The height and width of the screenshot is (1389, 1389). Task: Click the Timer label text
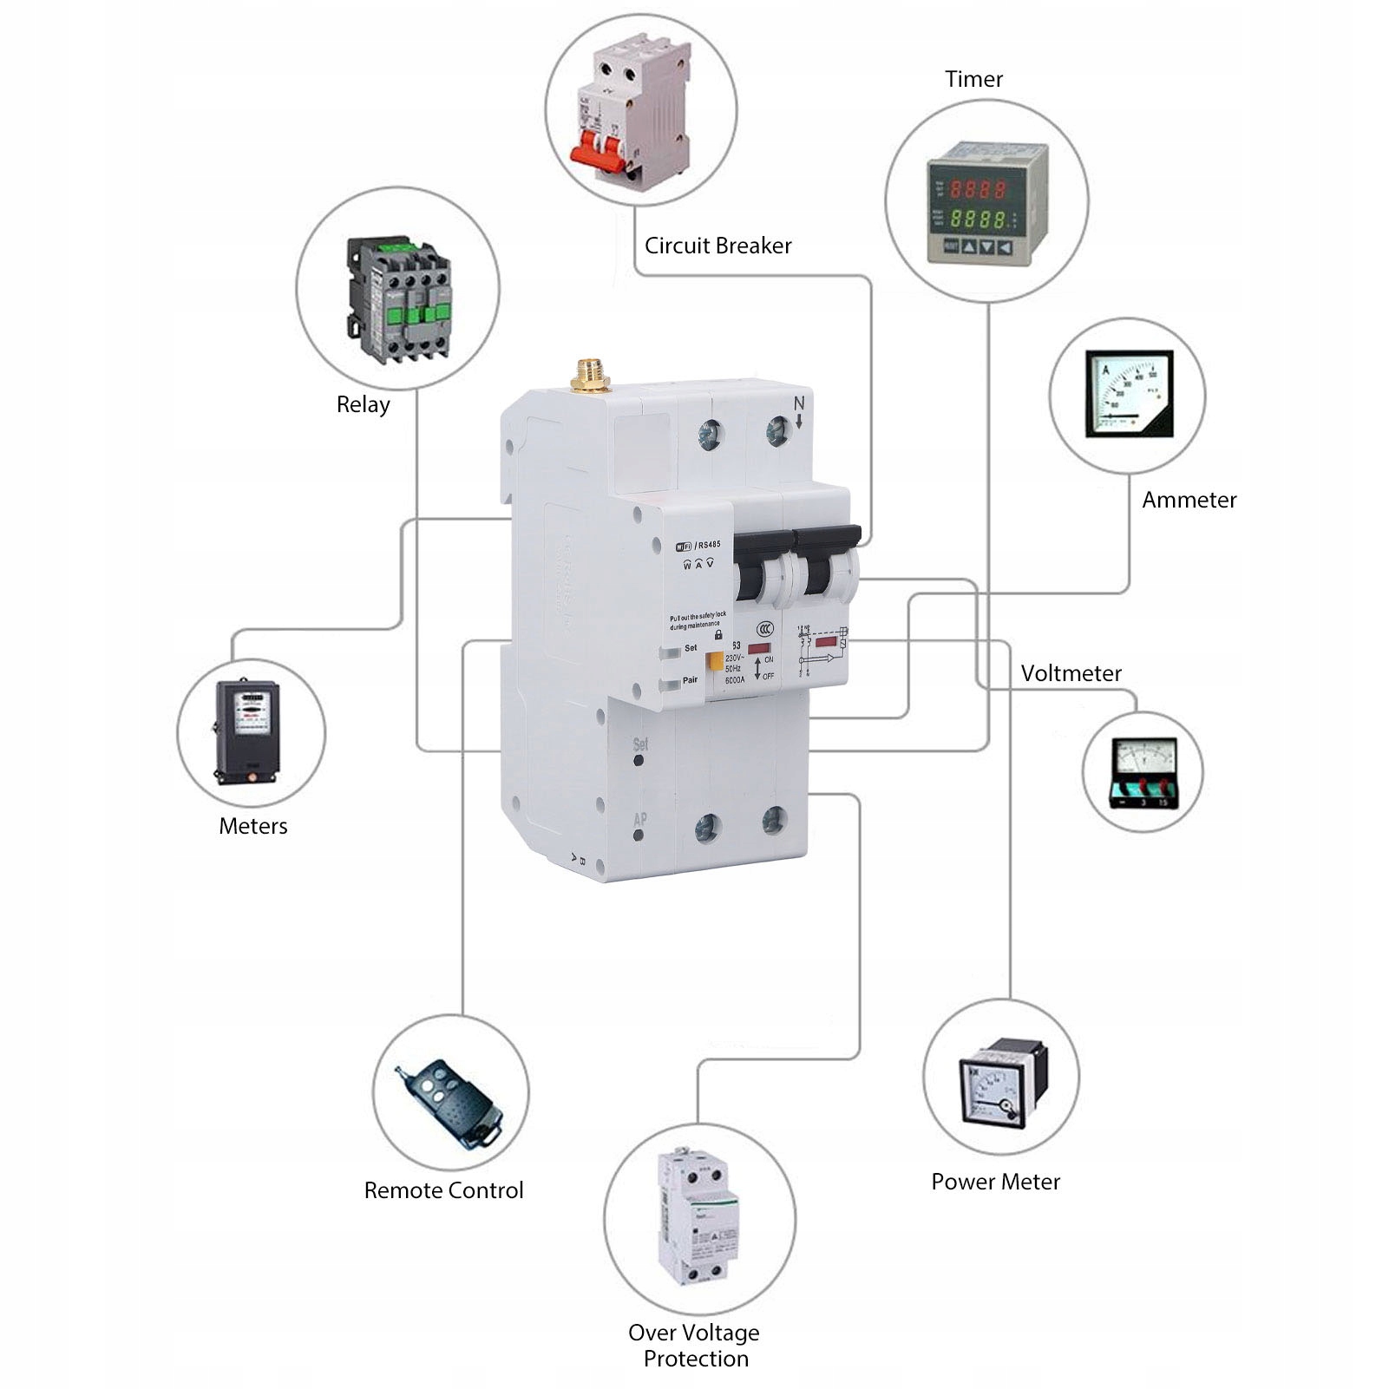pos(973,79)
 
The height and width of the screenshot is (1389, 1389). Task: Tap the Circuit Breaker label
pos(717,246)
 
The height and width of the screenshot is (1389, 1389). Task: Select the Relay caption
pos(363,404)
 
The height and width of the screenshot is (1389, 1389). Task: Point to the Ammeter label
pos(1189,500)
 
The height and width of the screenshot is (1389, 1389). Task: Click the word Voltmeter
pos(1071,673)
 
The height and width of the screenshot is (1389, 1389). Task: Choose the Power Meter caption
pos(995,1182)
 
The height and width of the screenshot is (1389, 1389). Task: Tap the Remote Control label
pos(443,1190)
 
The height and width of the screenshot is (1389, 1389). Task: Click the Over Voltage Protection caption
pos(694,1345)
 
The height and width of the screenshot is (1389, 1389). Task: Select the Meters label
pos(252,826)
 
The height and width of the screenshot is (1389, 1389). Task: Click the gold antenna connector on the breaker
pos(590,374)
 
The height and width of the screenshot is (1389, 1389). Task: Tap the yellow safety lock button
pos(715,661)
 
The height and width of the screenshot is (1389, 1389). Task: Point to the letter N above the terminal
pos(799,403)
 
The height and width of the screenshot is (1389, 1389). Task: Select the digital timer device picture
pos(986,202)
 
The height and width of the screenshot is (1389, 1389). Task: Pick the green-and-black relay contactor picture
pos(399,298)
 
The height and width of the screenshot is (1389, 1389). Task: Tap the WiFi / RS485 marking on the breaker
pos(698,545)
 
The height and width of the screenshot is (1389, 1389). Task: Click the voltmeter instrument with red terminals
pos(1143,773)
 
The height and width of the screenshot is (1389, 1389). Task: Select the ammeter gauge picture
pos(1129,394)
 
